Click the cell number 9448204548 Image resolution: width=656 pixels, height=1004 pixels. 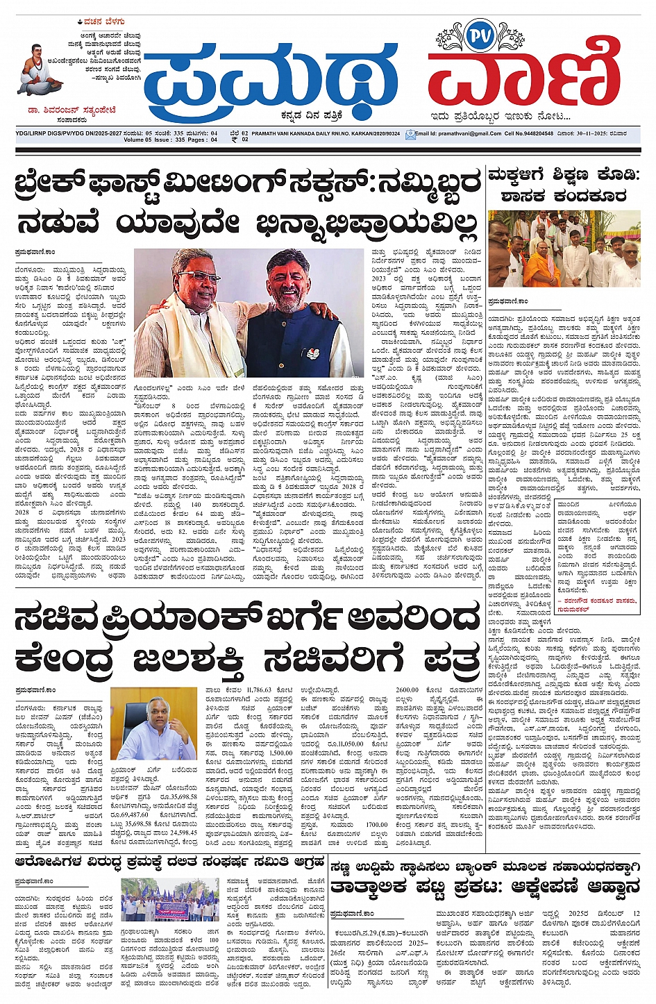point(540,133)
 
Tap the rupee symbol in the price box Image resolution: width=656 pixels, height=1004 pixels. point(234,140)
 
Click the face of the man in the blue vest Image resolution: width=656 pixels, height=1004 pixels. point(286,280)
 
